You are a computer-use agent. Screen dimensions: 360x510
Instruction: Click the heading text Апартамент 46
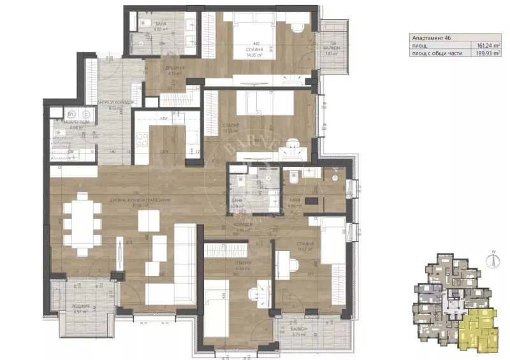433,38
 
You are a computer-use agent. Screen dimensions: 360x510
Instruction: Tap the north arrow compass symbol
493,260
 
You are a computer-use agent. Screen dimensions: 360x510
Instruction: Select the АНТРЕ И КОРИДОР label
115,103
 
